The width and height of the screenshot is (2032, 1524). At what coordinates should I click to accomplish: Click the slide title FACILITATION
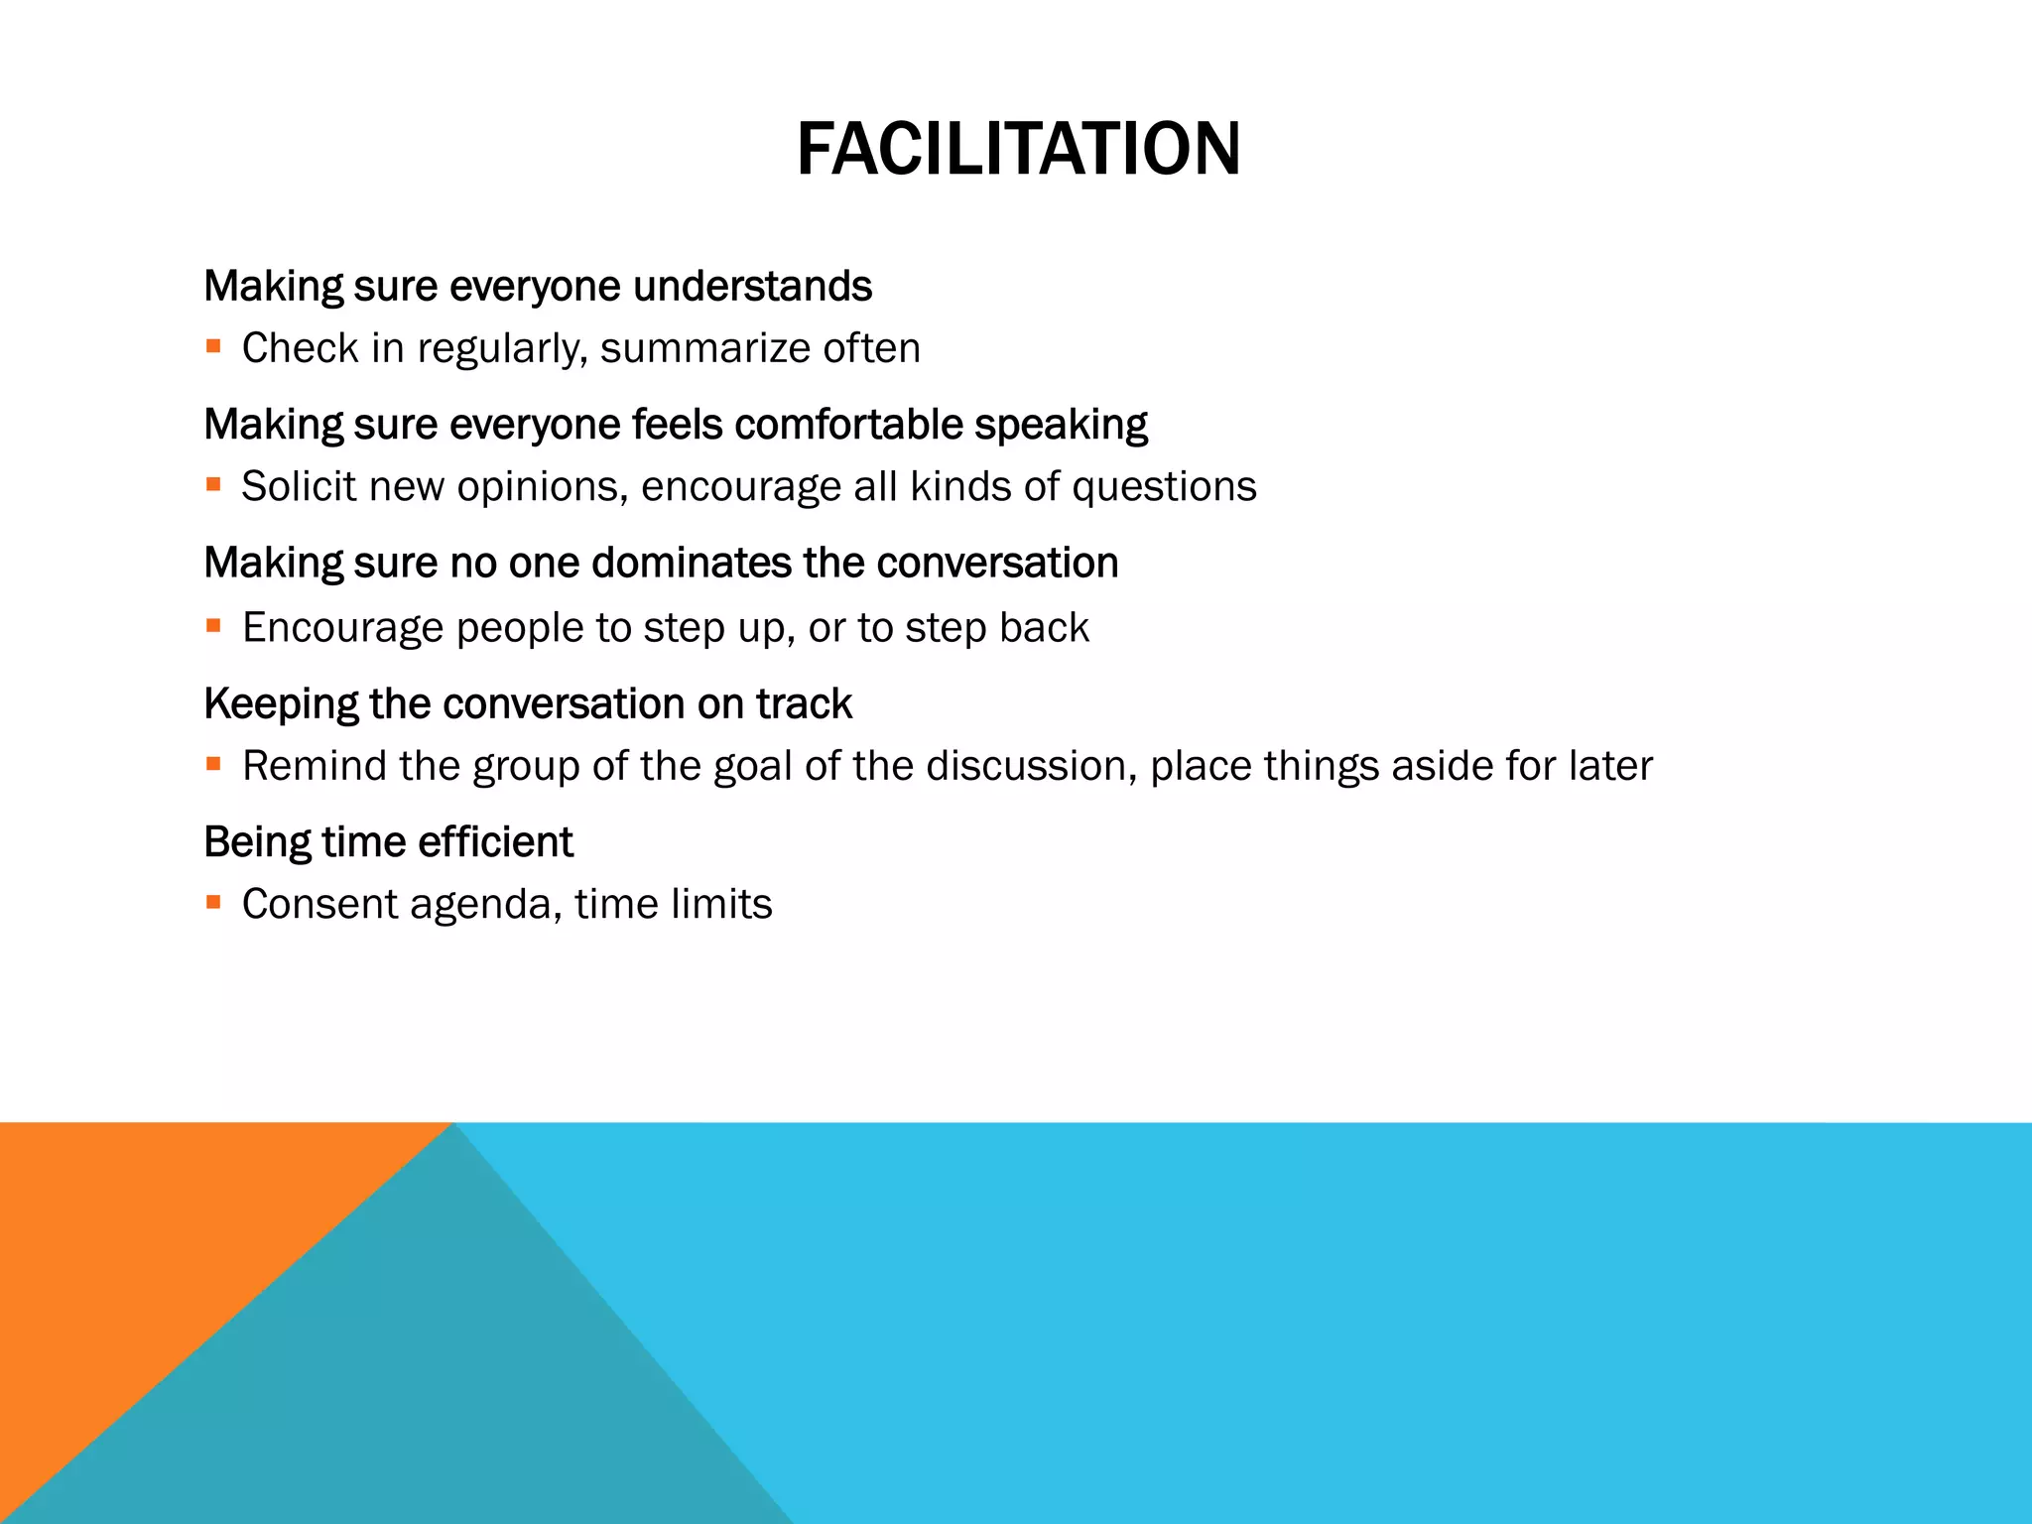coord(1018,149)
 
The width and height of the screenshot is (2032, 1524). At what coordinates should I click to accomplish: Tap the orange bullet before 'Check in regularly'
coord(213,346)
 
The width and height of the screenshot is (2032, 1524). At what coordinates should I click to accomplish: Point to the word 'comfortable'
coord(848,425)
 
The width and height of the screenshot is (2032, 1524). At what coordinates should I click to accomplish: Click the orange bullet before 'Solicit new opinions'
coord(213,484)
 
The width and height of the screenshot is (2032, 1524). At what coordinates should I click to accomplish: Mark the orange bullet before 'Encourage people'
coord(213,625)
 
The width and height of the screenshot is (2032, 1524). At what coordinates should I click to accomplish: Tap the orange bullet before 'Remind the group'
coord(213,764)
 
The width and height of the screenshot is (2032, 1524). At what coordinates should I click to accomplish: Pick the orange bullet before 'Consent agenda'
coord(213,902)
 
